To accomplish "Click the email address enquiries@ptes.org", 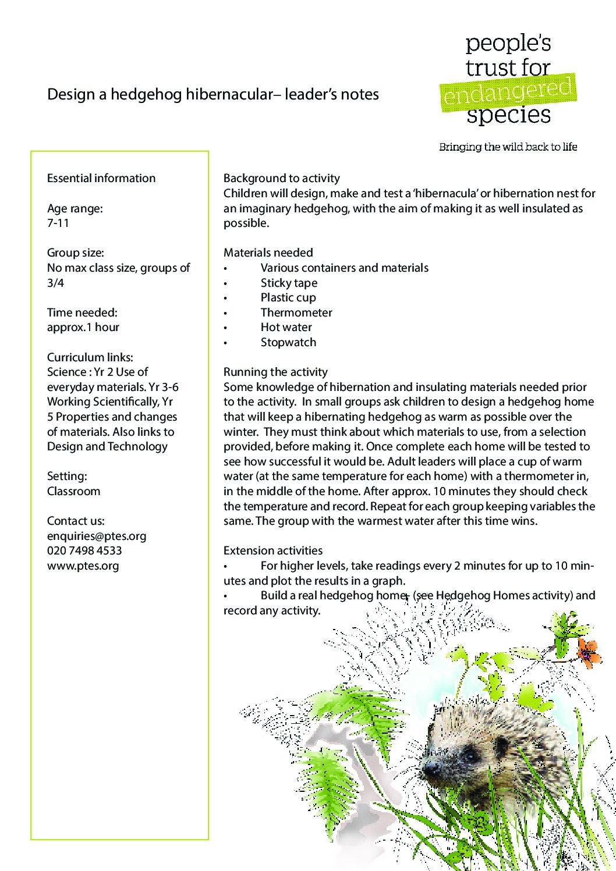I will [97, 536].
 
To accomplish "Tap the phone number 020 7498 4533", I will [84, 550].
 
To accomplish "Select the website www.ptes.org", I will [83, 566].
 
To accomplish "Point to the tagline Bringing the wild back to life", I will [508, 147].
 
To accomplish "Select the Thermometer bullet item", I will [296, 312].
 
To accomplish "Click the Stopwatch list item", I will [288, 342].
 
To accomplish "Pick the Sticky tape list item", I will [289, 283].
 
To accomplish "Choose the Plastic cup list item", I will [288, 297].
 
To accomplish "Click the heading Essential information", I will [101, 178].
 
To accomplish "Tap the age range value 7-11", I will [58, 223].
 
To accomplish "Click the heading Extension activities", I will [273, 550].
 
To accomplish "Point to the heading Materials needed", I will [268, 253].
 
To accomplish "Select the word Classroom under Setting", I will [73, 491].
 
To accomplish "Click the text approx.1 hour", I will [83, 327].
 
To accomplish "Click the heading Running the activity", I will [275, 372].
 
